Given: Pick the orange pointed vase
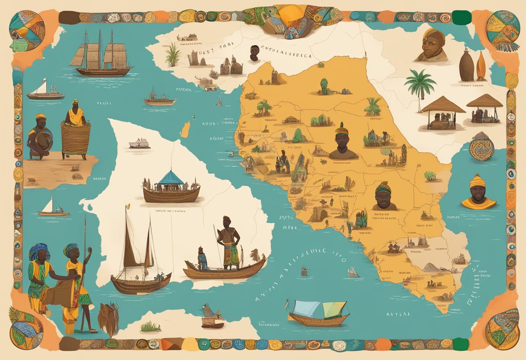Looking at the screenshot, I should pos(481,66).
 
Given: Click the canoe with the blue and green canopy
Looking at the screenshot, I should pos(318,313).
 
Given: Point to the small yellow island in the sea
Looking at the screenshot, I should pos(186,129).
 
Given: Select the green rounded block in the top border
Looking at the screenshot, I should pos(462,17).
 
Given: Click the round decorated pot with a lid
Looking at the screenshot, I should pos(481,147).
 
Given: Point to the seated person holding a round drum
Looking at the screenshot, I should pos(40,136).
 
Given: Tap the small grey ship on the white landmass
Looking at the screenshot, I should pos(139,144).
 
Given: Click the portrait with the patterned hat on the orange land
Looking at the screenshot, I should pos(343,141).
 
